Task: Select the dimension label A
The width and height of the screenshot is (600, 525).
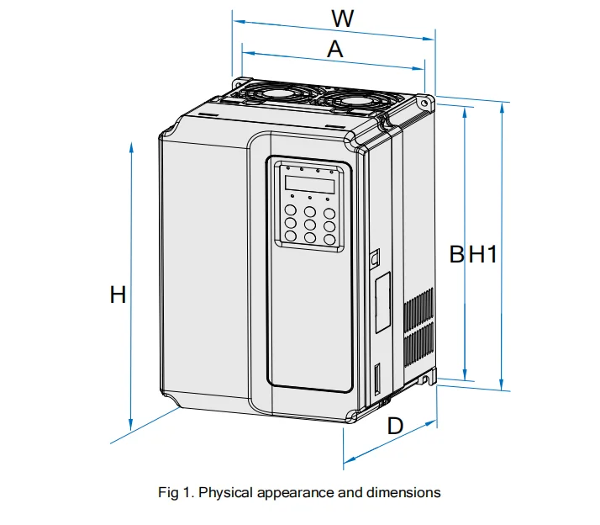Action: tap(335, 50)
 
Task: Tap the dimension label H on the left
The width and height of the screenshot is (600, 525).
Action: tap(118, 294)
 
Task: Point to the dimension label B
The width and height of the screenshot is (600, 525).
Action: tap(456, 253)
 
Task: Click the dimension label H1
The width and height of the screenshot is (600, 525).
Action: tap(483, 253)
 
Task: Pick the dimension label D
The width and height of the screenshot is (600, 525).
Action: tap(395, 427)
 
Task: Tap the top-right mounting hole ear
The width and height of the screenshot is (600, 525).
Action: tap(424, 102)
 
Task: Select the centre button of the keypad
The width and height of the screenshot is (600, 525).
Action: tap(310, 225)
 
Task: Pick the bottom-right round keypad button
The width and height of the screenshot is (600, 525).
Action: tap(329, 239)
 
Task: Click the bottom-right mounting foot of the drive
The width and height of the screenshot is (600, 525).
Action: tap(430, 378)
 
